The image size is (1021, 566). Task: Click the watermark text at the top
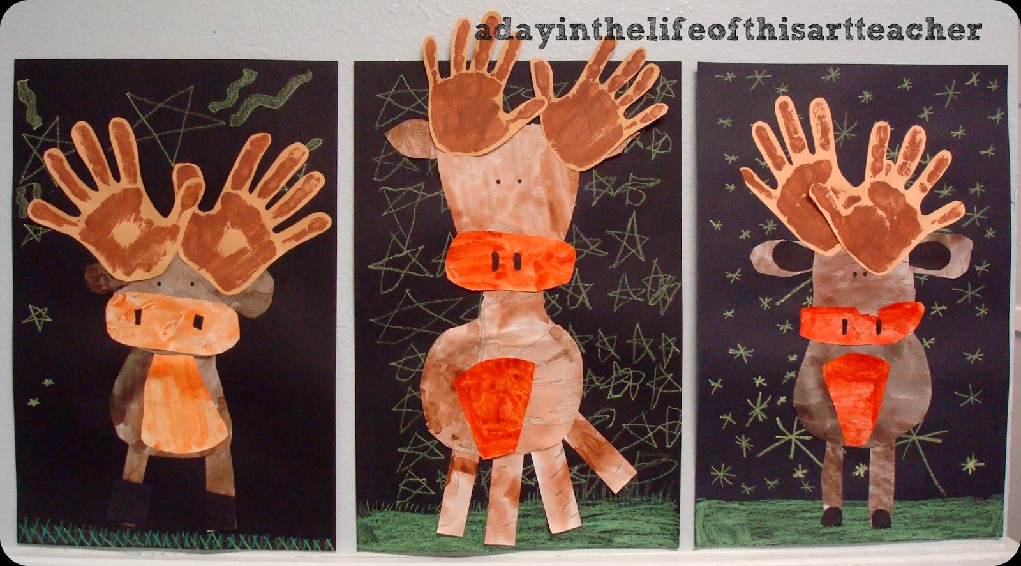coord(727,30)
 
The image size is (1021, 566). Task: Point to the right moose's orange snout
coord(861,326)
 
